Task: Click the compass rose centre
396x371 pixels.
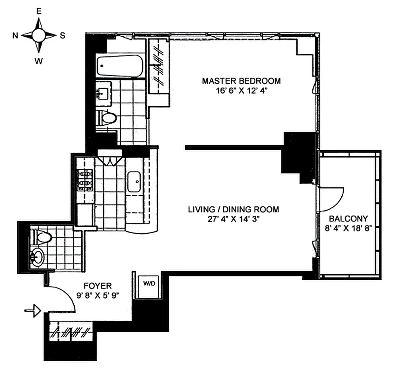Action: click(39, 35)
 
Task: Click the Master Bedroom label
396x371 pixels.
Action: click(241, 81)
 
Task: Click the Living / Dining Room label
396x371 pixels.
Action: click(233, 210)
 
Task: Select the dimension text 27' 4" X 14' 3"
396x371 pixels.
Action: click(233, 219)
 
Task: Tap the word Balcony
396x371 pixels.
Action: click(348, 218)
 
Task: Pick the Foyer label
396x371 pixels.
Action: click(97, 286)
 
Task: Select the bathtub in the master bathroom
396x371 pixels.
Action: click(119, 67)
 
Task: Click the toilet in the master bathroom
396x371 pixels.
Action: click(107, 118)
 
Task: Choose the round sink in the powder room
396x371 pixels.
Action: click(37, 256)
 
